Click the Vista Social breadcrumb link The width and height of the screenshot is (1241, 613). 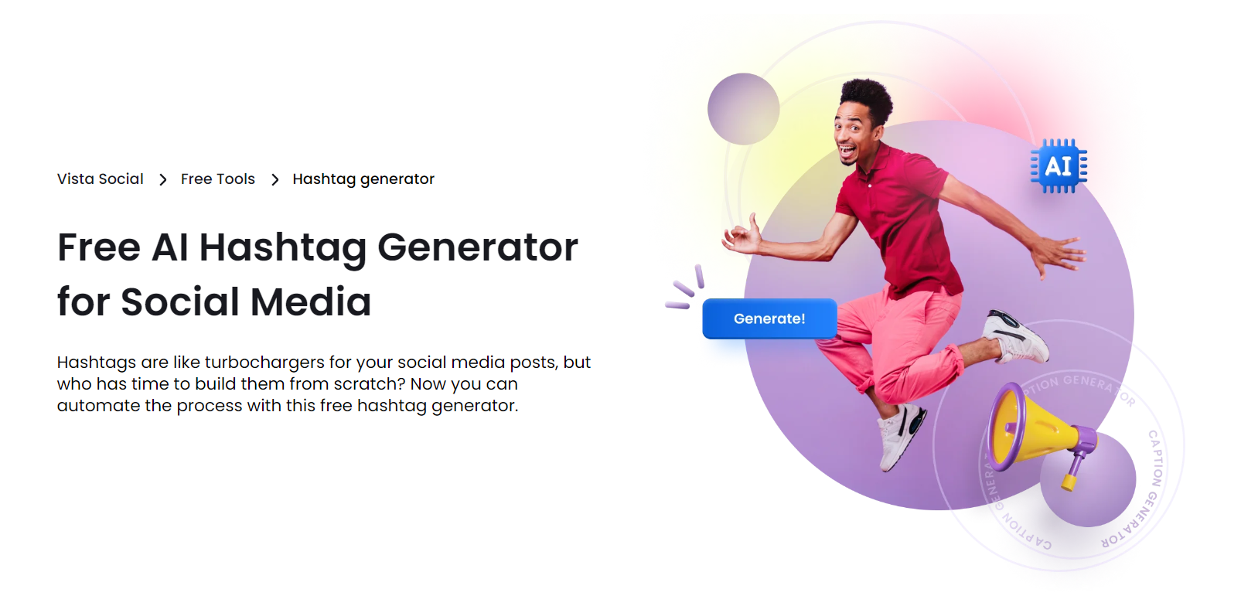tap(100, 179)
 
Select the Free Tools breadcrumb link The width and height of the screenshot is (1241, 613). tap(217, 179)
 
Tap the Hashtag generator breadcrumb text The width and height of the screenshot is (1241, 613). tap(363, 179)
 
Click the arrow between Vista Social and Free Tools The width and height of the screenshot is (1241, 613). tap(162, 180)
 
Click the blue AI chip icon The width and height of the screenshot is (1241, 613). tap(1059, 165)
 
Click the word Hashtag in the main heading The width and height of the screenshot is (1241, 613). tap(282, 248)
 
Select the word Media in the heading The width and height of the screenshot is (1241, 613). tap(311, 302)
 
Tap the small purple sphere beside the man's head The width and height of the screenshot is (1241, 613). tap(743, 109)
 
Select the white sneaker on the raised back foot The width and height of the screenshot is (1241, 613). tap(1015, 335)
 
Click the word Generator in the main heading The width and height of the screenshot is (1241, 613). tap(477, 248)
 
